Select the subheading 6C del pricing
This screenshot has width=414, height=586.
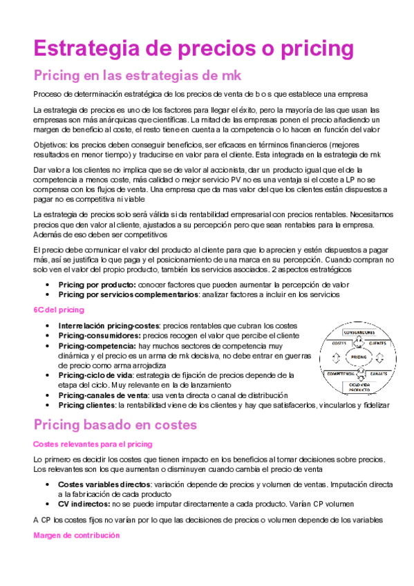coord(59,310)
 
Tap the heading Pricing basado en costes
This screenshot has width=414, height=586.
coord(115,424)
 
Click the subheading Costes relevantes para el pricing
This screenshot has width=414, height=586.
coord(93,444)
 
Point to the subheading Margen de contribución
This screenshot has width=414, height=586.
coord(76,535)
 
